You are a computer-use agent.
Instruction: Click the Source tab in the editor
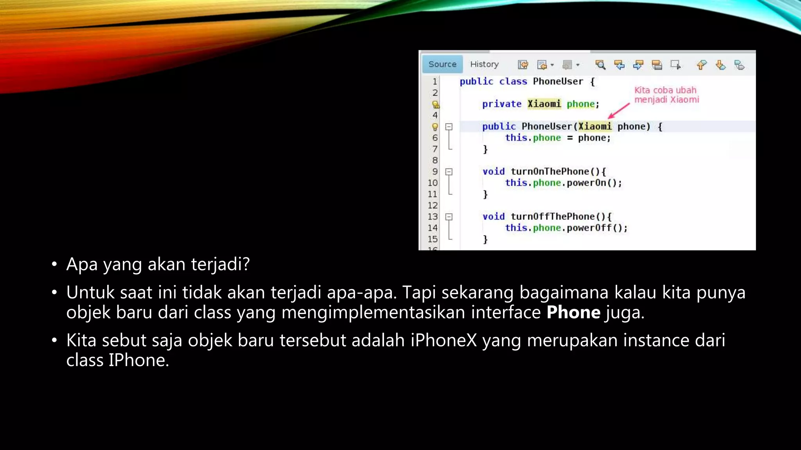coord(442,64)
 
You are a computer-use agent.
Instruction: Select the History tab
coord(484,64)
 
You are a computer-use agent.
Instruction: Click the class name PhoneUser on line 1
coord(558,82)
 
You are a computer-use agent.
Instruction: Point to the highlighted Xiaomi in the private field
coord(544,104)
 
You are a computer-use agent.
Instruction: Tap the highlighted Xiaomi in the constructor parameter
coord(594,127)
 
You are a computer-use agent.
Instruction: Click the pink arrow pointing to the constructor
coord(619,111)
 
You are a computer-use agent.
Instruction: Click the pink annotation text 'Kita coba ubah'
coord(665,90)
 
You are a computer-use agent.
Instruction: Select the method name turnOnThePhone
coord(550,171)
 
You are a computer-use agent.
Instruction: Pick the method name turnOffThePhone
coord(552,216)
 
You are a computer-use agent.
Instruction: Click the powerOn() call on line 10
coord(594,183)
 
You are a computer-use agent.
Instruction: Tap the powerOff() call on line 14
coord(596,228)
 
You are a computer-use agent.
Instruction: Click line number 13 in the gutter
coord(433,216)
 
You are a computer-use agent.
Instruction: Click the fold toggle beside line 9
coord(449,171)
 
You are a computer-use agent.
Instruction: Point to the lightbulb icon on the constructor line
coord(435,127)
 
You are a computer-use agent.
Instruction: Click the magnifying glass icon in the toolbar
coord(600,65)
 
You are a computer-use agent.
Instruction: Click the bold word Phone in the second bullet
coord(573,312)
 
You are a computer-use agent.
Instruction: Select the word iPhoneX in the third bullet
coord(444,340)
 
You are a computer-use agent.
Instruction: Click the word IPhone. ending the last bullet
coord(139,360)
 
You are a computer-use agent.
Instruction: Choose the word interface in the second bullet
coord(506,312)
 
